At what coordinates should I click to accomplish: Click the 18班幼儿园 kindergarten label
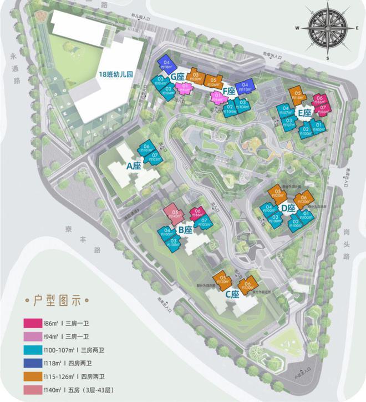(117, 73)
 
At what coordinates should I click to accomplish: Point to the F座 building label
(228, 91)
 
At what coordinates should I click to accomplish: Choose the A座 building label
(134, 165)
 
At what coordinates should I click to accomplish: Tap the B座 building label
(185, 229)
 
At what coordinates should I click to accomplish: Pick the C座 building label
(232, 294)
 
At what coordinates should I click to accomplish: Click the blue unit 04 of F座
(245, 87)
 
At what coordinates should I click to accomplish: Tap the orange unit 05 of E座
(298, 96)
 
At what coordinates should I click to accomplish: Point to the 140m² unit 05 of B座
(175, 214)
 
